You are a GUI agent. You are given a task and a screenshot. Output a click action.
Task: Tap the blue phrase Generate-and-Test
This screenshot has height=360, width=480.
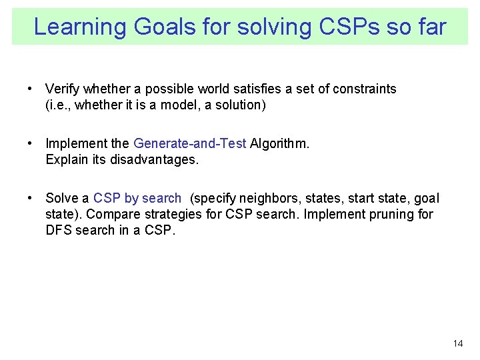[190, 143]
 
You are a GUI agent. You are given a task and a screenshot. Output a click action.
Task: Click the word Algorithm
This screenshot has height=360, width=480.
[278, 143]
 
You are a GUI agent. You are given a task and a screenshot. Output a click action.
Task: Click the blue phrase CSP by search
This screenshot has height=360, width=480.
[137, 198]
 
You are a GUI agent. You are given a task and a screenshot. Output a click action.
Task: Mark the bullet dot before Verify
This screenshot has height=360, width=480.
[31, 89]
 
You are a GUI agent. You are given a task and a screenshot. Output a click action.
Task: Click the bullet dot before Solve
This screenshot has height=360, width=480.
[31, 198]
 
